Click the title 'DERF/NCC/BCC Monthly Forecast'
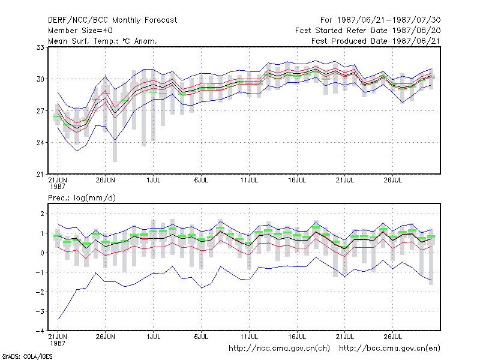click(112, 20)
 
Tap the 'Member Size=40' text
click(80, 31)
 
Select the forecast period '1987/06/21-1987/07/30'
click(389, 20)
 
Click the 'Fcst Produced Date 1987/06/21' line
click(376, 41)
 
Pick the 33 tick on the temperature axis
click(40, 47)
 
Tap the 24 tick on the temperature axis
click(40, 143)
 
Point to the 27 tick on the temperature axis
click(40, 111)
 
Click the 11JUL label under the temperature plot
click(249, 181)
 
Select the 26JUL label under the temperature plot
click(393, 181)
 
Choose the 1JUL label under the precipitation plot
click(154, 337)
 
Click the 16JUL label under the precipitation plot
click(297, 337)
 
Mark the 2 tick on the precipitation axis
click(42, 214)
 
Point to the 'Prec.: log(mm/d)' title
click(82, 198)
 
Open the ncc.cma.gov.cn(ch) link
click(279, 349)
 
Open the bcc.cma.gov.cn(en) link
click(389, 349)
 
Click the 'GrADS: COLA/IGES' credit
click(27, 356)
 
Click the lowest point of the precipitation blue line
click(58, 319)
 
